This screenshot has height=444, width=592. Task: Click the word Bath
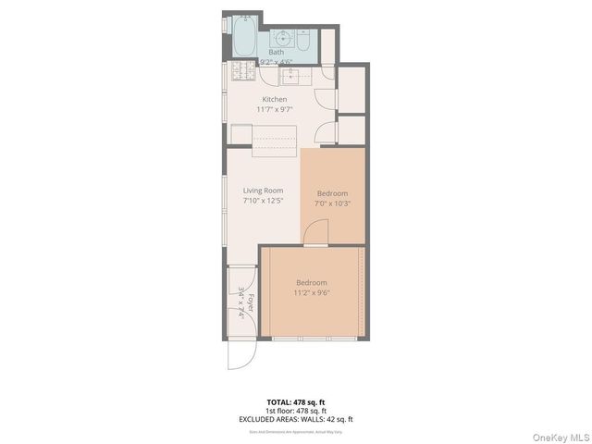pos(276,53)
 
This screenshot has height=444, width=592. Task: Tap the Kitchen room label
pos(275,99)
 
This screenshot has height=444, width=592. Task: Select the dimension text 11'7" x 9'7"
pos(275,109)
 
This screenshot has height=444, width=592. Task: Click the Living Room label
pos(263,191)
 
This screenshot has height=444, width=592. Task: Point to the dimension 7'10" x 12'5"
pos(263,201)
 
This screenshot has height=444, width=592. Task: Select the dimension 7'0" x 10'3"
pos(333,203)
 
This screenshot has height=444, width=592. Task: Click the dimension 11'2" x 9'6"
pos(312,292)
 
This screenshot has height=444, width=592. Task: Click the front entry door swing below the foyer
pos(240,356)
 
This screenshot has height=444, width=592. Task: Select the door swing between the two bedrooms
pos(315,232)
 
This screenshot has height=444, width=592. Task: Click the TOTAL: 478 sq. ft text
pos(295,402)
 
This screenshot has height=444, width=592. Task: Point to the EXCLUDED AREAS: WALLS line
pos(295,419)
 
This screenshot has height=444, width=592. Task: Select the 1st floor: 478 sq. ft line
pos(295,411)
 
